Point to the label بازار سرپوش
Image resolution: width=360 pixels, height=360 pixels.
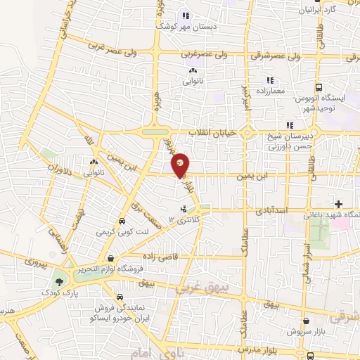pos(302,330)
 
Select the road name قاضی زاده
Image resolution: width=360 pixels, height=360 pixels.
pos(159,256)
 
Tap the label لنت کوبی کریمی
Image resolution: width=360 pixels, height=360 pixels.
pos(115,230)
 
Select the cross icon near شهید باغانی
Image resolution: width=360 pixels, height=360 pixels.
pos(338,204)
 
